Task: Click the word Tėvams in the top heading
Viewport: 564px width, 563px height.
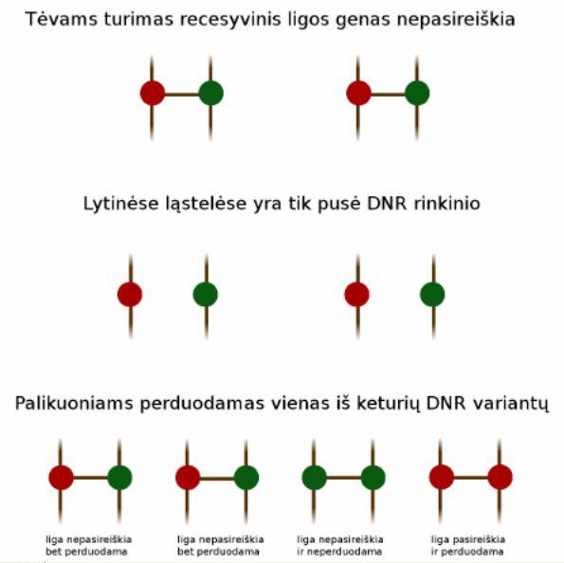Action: [x=62, y=19]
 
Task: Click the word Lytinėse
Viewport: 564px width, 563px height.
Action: [x=121, y=204]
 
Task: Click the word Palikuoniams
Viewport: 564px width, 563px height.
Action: [x=73, y=403]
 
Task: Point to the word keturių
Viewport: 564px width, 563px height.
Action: [x=388, y=404]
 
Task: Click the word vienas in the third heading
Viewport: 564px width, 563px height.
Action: [x=300, y=403]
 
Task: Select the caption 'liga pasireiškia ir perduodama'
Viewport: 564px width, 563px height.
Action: [x=468, y=545]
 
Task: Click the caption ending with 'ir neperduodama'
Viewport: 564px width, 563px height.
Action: [x=340, y=545]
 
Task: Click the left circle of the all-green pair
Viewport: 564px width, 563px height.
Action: [x=315, y=478]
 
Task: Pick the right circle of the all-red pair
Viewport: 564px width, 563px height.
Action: [x=500, y=477]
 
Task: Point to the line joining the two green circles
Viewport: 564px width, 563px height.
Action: [x=344, y=478]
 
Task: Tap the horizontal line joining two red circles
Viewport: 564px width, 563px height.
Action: [x=471, y=478]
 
